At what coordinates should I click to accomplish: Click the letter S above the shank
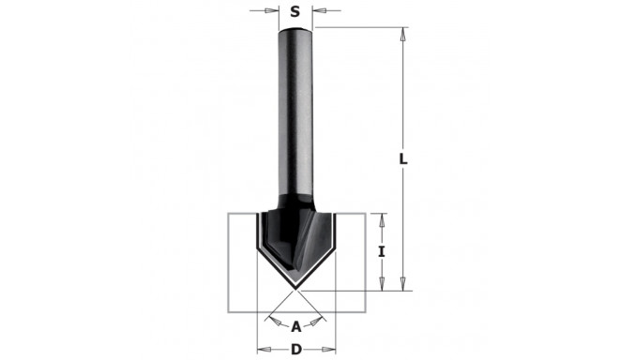[295, 12]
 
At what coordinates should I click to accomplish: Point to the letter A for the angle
[296, 327]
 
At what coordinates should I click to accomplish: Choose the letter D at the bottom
[296, 350]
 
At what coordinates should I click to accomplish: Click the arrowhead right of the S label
[318, 12]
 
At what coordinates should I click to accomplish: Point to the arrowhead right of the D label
[329, 350]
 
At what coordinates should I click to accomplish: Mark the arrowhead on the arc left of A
[273, 320]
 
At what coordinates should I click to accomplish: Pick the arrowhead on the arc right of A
[320, 320]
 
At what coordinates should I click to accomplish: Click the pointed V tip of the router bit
[296, 289]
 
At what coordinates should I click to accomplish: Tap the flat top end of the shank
[296, 29]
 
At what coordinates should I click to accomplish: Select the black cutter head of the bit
[295, 230]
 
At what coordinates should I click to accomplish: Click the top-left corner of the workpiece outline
[230, 214]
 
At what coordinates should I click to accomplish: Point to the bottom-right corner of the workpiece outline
[364, 312]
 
